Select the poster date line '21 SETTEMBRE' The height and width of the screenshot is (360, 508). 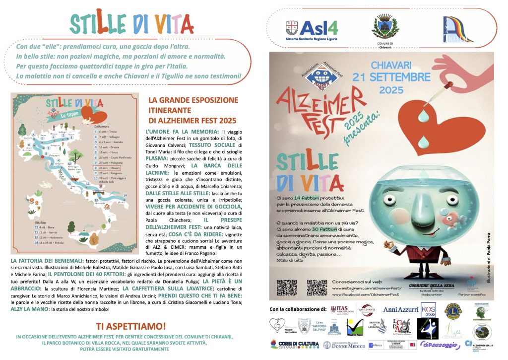click(x=391, y=77)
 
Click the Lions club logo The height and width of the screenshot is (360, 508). click(x=453, y=310)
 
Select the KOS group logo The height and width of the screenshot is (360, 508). click(x=428, y=310)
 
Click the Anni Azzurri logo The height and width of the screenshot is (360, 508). click(x=401, y=309)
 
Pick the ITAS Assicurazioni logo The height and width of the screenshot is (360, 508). click(x=342, y=310)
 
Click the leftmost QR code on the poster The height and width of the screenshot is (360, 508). click(x=286, y=288)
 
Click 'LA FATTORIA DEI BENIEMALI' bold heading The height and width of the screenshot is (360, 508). click(x=40, y=260)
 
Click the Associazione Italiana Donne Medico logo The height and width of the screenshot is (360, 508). click(x=342, y=345)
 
